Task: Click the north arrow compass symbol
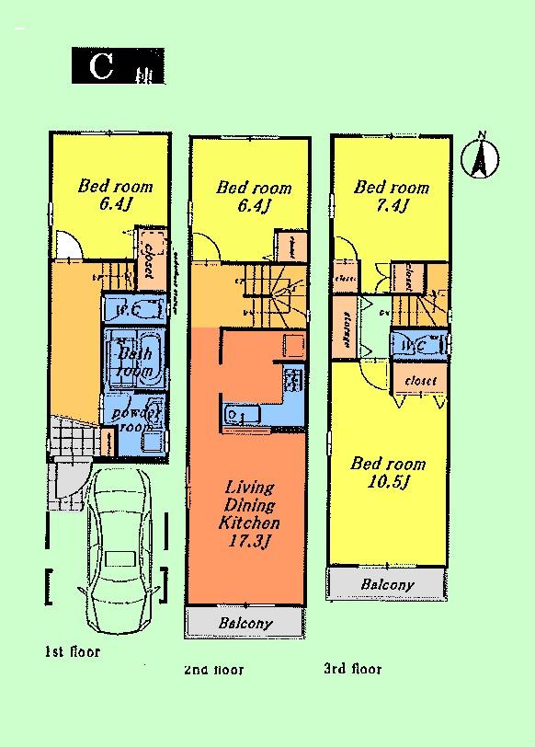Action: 479,155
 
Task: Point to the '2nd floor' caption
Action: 213,669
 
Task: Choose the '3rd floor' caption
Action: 352,669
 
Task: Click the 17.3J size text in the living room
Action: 247,540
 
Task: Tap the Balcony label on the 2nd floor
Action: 245,624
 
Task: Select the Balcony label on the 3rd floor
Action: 387,584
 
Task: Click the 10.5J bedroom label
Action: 389,473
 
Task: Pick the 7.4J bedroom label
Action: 392,196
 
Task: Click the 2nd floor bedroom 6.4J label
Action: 254,197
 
